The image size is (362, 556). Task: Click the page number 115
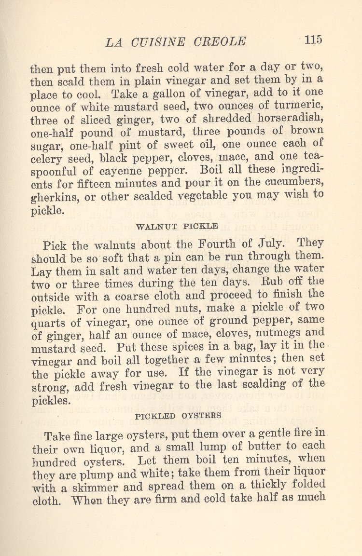click(313, 40)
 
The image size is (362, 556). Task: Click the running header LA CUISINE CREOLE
click(176, 42)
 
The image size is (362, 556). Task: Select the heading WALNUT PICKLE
click(177, 226)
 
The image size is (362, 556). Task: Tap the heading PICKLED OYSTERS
click(179, 415)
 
